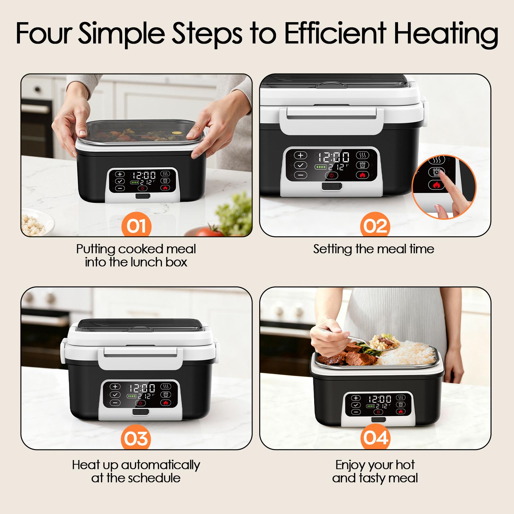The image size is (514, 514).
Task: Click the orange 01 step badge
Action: tap(136, 226)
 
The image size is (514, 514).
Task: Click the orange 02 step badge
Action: tap(375, 226)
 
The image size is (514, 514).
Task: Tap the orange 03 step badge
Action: tap(136, 439)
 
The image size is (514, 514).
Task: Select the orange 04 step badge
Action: tap(375, 439)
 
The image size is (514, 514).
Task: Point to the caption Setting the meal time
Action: tap(374, 249)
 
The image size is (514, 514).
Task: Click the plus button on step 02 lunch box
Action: tap(301, 155)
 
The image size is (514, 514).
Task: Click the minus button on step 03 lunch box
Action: tap(115, 403)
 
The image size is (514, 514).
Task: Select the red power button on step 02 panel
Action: tap(332, 175)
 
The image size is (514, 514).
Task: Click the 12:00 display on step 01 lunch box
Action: tap(144, 175)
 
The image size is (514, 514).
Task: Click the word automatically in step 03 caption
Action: tap(160, 465)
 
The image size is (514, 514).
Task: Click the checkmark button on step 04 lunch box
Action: tap(356, 405)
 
